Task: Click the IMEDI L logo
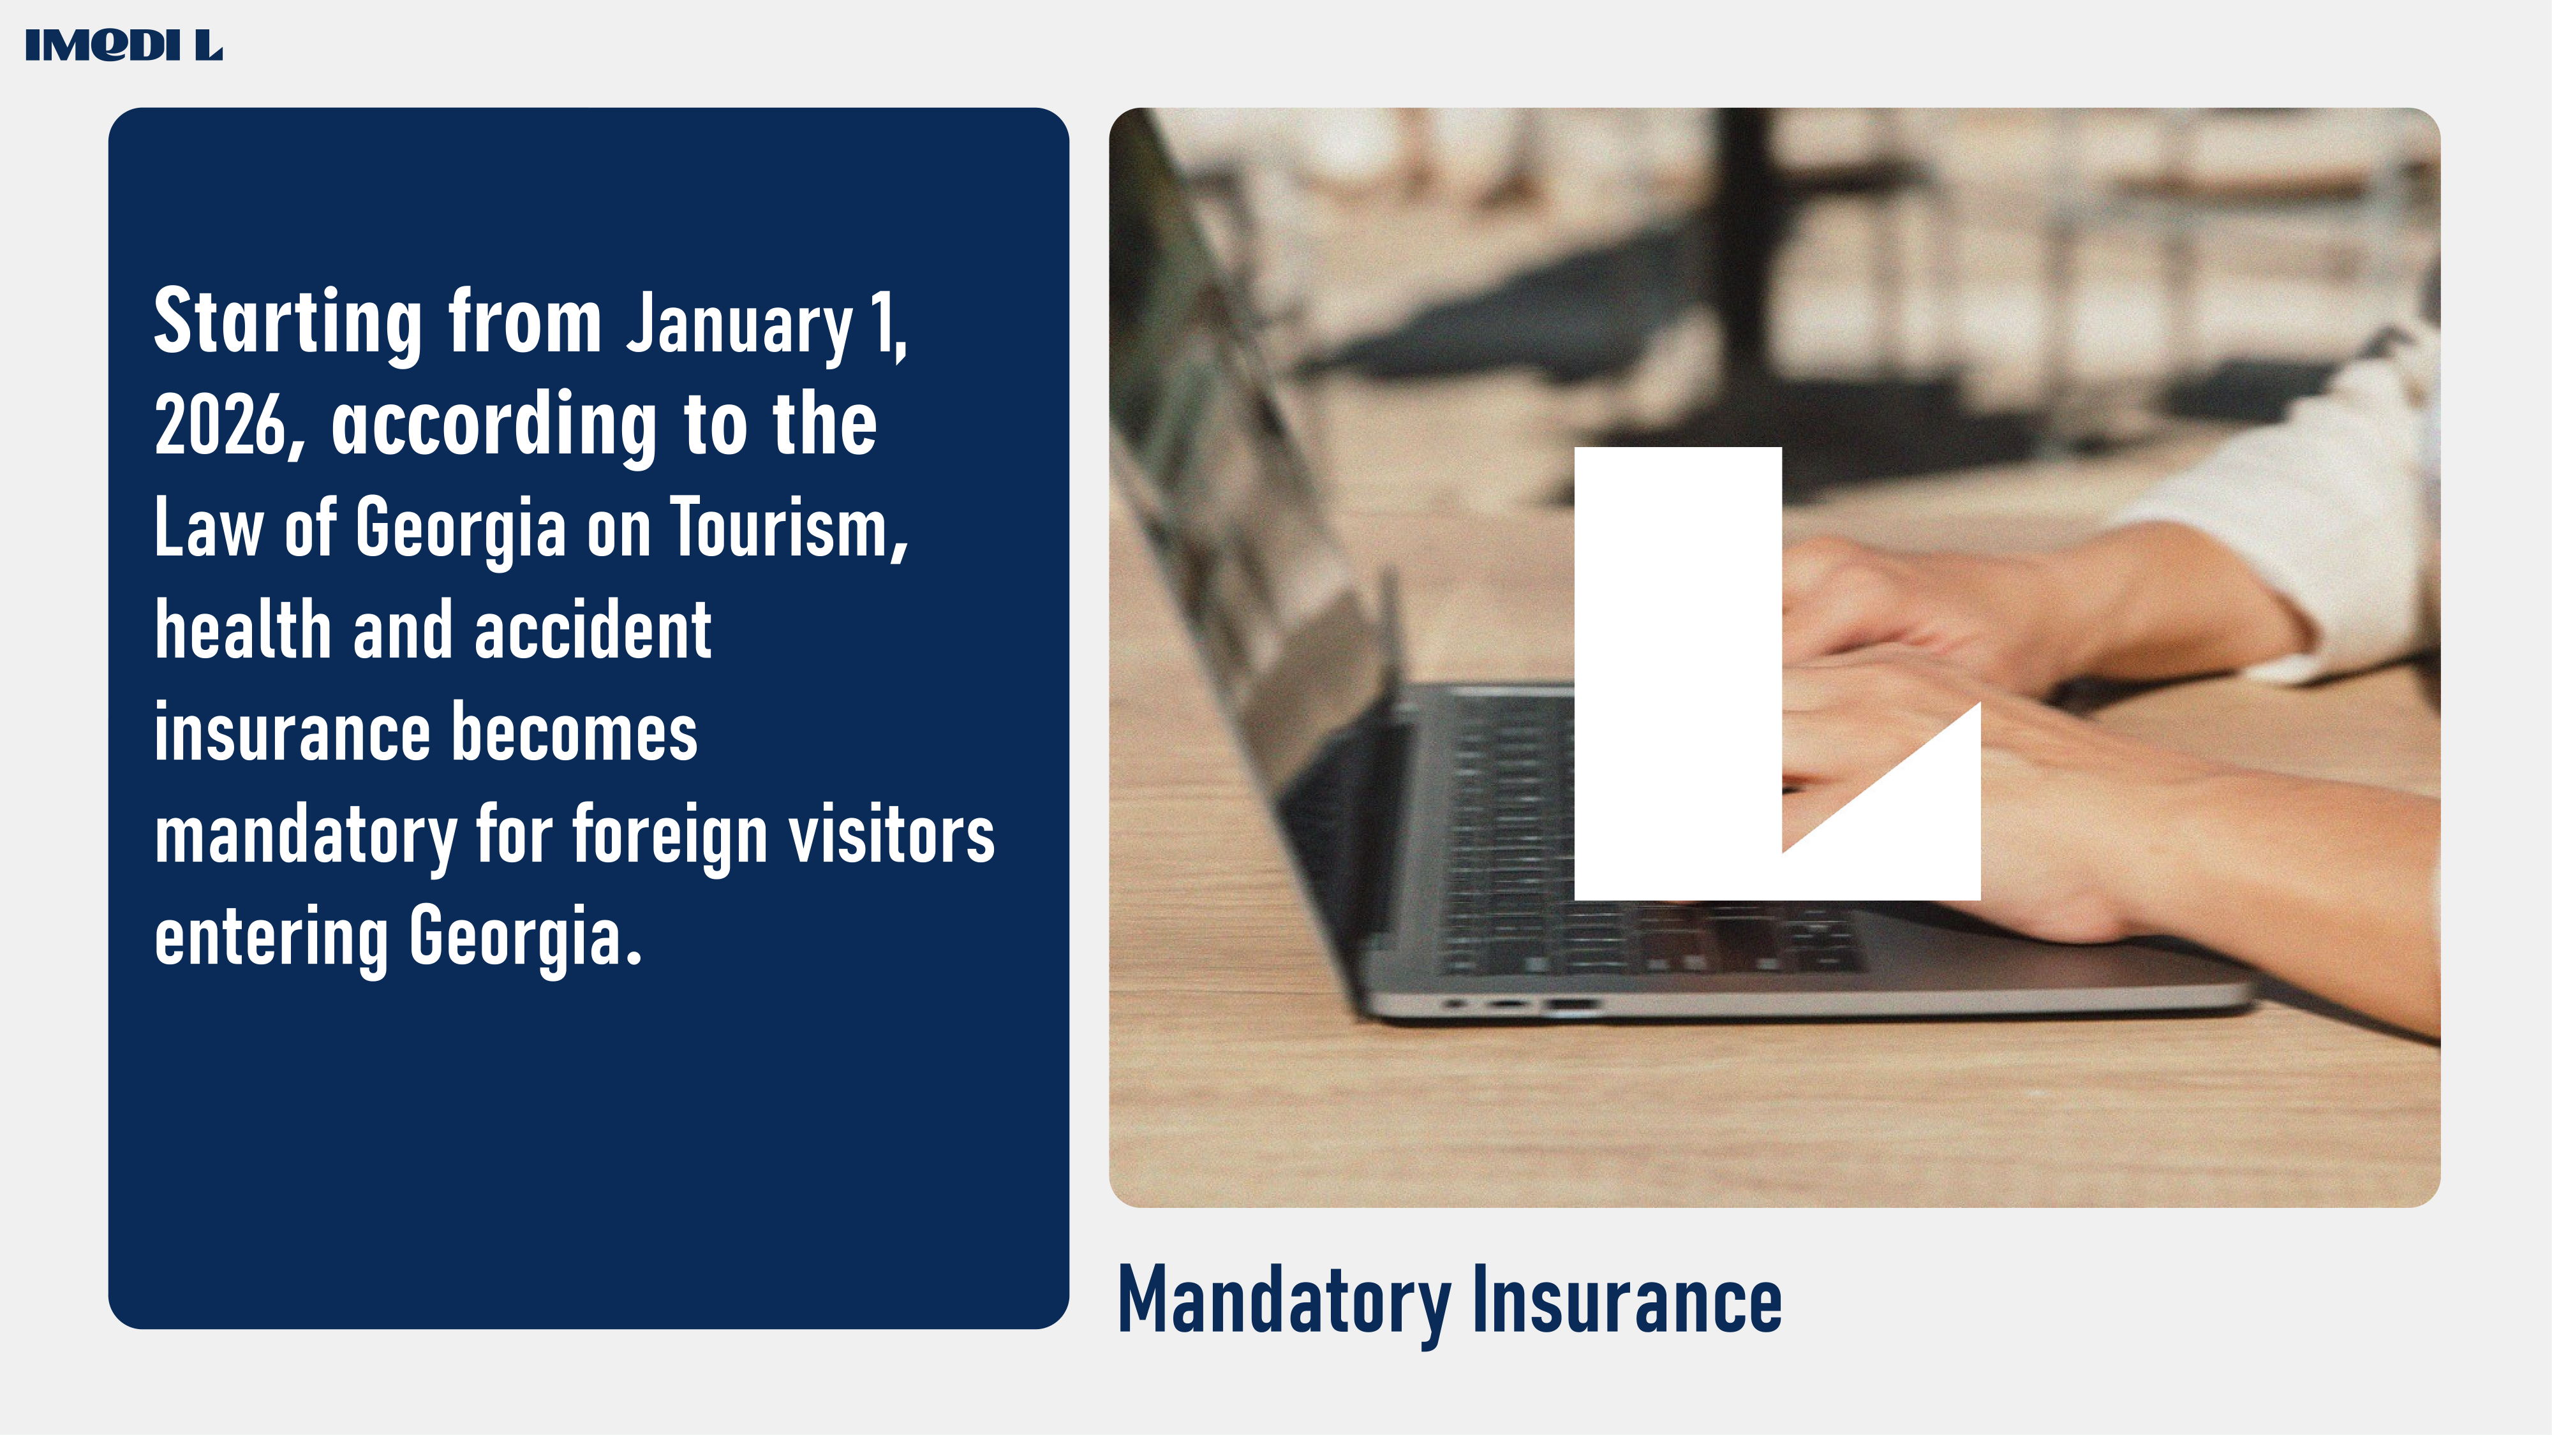(124, 45)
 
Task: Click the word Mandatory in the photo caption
(1284, 1301)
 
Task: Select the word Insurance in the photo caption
(1627, 1299)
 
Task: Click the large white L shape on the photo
(1678, 673)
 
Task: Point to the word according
(493, 426)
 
